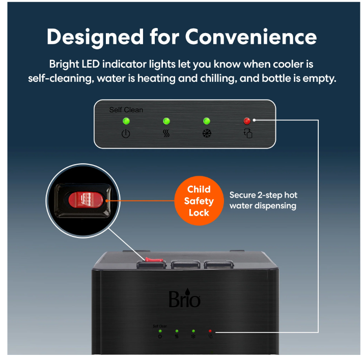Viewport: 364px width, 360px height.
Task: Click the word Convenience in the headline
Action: tap(250, 37)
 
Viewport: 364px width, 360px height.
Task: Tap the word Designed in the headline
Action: tap(95, 38)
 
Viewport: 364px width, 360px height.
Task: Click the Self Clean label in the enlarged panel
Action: tap(126, 110)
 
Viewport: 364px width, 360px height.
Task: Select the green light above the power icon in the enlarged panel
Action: tap(126, 121)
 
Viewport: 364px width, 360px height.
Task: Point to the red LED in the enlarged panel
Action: tap(247, 121)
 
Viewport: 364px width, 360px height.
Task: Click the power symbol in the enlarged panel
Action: tap(126, 134)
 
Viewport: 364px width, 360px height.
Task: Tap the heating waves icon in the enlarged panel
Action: tap(166, 133)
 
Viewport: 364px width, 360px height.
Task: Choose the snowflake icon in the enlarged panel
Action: tap(207, 133)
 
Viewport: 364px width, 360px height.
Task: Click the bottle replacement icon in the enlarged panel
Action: tap(248, 133)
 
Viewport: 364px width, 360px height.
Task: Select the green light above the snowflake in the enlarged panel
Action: tap(207, 121)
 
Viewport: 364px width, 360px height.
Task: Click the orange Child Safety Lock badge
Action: tap(199, 201)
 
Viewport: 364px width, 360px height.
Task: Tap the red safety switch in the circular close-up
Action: tap(86, 200)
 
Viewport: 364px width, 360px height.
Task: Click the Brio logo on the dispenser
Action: tap(184, 298)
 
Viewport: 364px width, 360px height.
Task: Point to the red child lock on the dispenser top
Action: tap(154, 260)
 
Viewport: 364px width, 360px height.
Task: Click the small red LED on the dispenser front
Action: tap(210, 331)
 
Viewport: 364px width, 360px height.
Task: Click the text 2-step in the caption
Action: tap(270, 195)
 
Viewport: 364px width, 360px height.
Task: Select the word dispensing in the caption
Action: tap(275, 206)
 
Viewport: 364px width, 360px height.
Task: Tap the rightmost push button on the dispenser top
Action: tap(219, 264)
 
